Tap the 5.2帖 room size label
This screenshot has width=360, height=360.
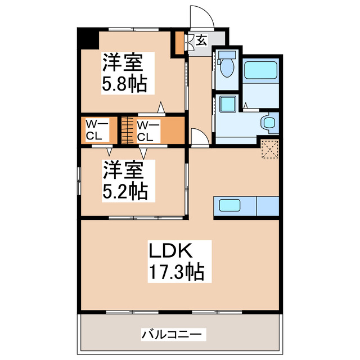click(124, 192)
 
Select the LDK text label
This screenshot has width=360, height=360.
click(172, 250)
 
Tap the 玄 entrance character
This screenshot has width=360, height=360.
click(201, 40)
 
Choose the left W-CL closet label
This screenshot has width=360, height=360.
click(93, 130)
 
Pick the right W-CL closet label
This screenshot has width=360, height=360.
click(146, 130)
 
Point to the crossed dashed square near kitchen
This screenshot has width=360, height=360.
click(270, 147)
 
